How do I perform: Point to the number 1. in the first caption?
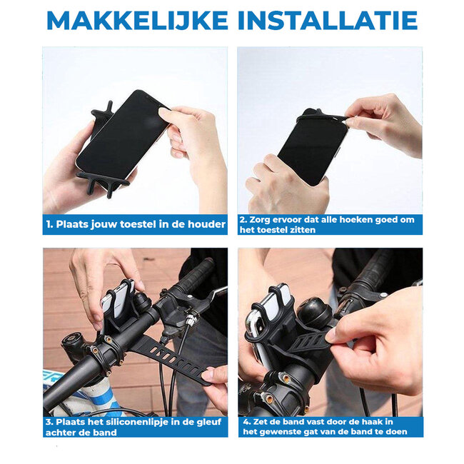(50, 224)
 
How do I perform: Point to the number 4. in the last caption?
(246, 421)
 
